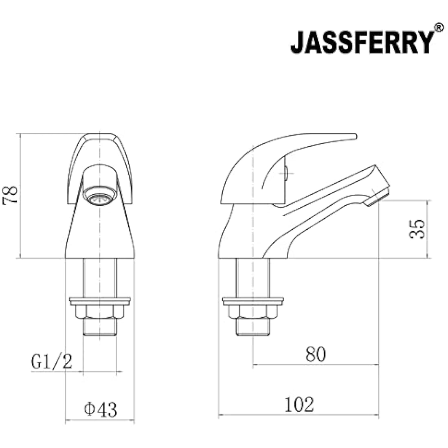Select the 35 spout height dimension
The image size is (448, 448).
point(417,229)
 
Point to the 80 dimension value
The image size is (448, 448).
point(316,354)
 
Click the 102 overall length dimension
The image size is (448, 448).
point(299,405)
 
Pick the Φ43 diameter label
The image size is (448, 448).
point(100,409)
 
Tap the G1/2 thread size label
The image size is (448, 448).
point(52,361)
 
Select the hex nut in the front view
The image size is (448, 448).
point(100,312)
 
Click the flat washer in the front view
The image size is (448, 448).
point(100,301)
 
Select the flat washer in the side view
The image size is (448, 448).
point(253,301)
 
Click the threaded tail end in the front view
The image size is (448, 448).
point(100,327)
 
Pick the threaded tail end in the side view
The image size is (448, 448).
point(253,327)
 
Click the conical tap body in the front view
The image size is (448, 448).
point(100,236)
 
